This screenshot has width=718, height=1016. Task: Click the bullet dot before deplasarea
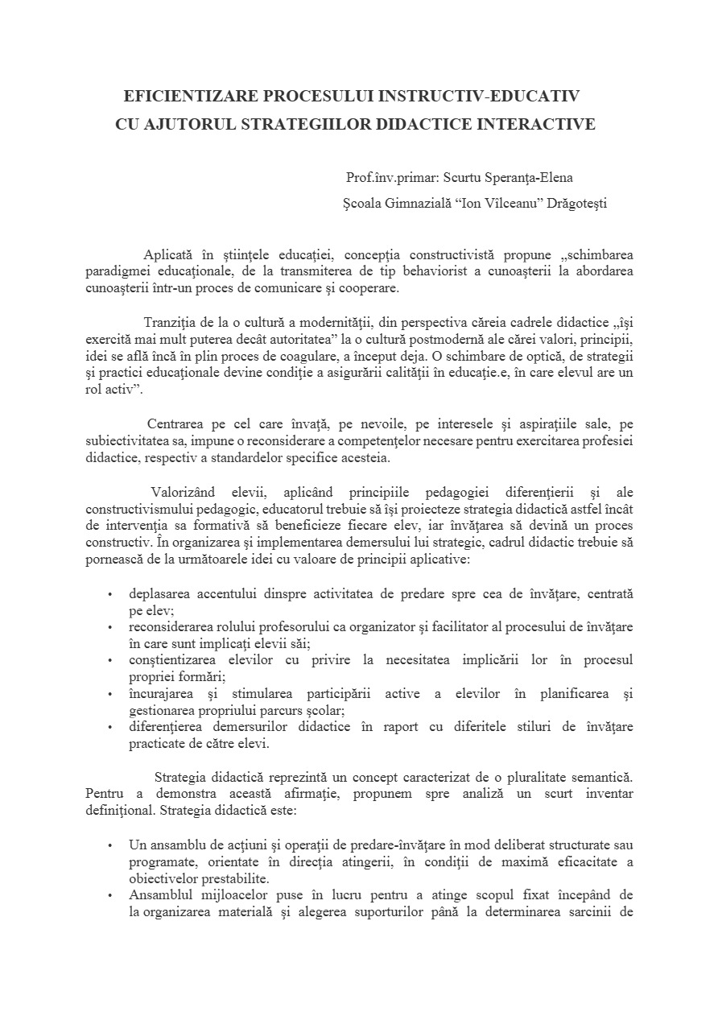point(109,594)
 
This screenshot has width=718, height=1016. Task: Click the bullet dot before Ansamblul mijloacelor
point(109,895)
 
